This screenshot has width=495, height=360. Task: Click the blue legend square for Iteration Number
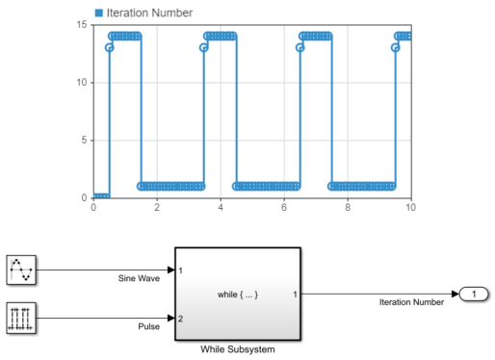99,13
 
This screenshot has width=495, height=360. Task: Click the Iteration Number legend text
149,13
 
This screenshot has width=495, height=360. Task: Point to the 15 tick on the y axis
82,25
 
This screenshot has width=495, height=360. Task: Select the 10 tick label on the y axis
82,83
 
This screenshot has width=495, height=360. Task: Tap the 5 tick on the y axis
84,141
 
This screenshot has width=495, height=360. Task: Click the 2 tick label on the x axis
157,207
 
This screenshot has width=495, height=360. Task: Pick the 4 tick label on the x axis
221,207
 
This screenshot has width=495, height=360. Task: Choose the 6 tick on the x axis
284,207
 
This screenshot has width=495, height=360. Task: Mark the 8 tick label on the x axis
348,207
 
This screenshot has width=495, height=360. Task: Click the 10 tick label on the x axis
410,207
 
